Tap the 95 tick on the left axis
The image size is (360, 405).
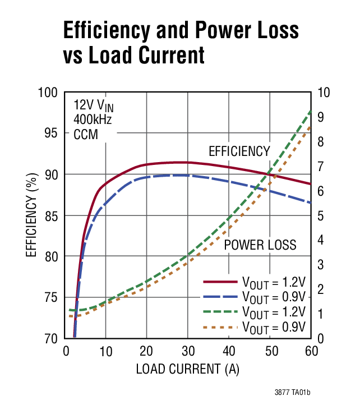(x=51, y=133)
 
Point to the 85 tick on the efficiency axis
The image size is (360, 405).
(x=51, y=215)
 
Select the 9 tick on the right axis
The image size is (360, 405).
(x=321, y=117)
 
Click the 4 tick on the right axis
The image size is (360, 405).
(x=321, y=240)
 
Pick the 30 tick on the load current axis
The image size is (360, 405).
(x=188, y=351)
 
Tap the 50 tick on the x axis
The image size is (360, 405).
(x=270, y=351)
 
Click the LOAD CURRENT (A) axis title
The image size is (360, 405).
(x=188, y=370)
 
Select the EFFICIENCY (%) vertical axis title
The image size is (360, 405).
(x=30, y=215)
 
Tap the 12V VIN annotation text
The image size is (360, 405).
(x=94, y=105)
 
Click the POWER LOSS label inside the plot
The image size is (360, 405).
(x=260, y=245)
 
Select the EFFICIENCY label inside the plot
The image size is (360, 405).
(x=239, y=151)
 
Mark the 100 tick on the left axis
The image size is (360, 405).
(x=48, y=92)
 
